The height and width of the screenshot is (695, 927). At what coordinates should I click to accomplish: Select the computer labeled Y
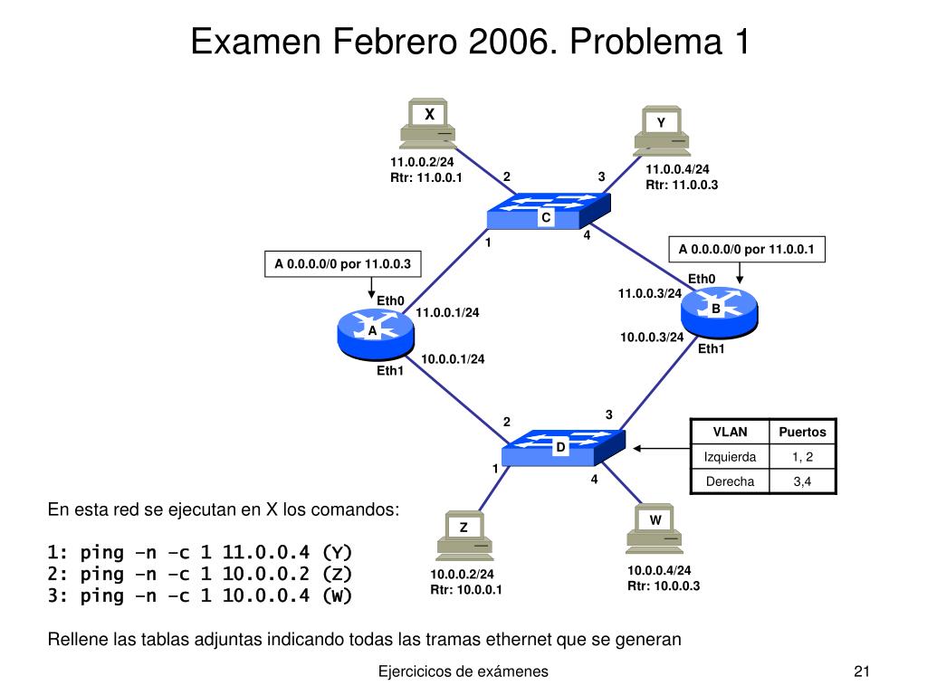point(662,132)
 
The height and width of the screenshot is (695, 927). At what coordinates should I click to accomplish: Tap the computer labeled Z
point(464,535)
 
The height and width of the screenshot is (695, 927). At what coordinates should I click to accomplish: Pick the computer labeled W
point(655,529)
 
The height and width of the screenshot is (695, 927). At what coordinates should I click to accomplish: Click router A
point(372,333)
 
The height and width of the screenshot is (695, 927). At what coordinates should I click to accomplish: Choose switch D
point(562,445)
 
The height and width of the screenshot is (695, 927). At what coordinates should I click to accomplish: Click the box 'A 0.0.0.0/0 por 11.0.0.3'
point(342,264)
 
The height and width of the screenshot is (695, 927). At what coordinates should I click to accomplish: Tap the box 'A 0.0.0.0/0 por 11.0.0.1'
point(747,249)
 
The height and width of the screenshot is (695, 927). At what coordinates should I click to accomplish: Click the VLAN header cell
point(730,433)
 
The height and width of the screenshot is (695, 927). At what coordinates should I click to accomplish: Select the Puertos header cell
point(802,433)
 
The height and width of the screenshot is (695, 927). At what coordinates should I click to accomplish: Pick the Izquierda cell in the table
point(730,457)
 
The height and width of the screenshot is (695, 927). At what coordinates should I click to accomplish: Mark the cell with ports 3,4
point(802,481)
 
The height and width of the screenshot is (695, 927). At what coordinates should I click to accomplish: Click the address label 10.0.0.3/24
point(652,338)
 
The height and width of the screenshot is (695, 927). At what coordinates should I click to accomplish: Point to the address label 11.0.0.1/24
point(447,313)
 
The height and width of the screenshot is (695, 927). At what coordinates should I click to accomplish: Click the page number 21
point(861,671)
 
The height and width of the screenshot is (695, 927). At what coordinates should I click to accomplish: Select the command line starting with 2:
point(199,574)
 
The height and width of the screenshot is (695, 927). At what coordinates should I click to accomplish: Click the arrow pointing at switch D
point(661,447)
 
